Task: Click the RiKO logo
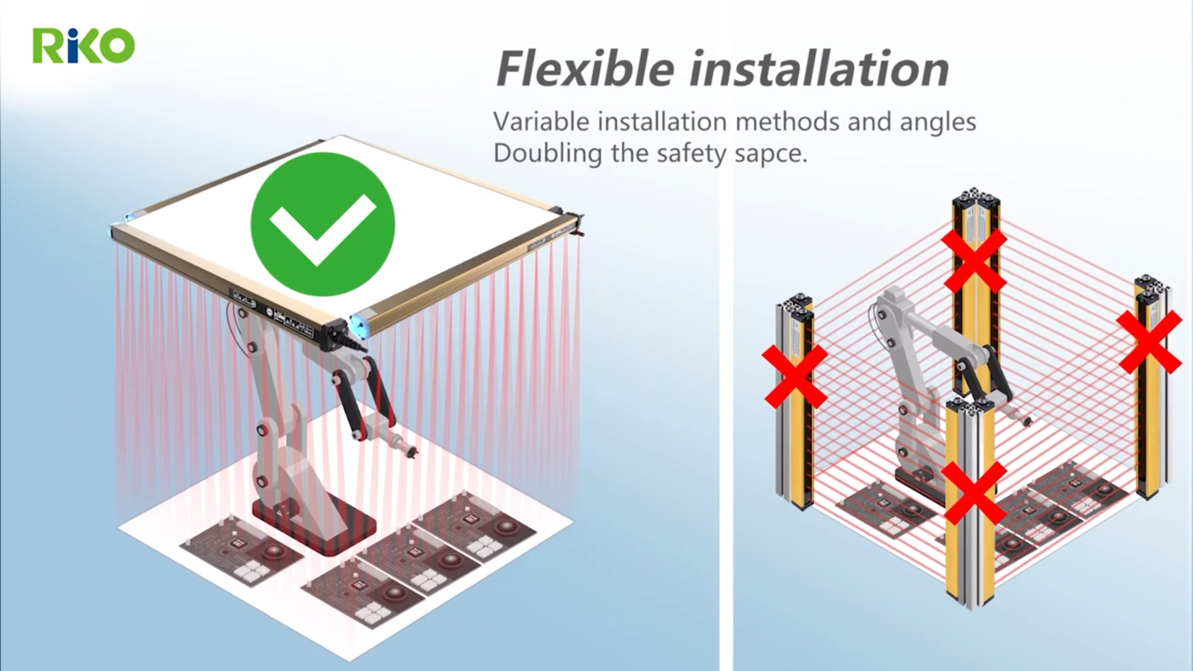tap(83, 45)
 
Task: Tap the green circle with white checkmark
tap(323, 224)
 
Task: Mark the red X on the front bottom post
tap(974, 493)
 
